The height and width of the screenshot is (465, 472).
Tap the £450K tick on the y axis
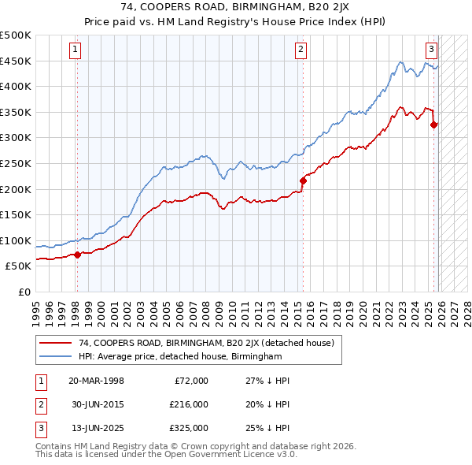tap(16, 61)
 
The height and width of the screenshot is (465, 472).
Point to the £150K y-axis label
tap(16, 214)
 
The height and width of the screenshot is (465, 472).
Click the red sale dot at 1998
tap(77, 255)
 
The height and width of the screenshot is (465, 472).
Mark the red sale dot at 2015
tap(303, 181)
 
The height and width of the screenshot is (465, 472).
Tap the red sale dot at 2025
tap(433, 125)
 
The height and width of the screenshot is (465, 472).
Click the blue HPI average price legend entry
tap(180, 357)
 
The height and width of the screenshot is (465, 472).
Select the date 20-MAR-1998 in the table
tap(96, 381)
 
